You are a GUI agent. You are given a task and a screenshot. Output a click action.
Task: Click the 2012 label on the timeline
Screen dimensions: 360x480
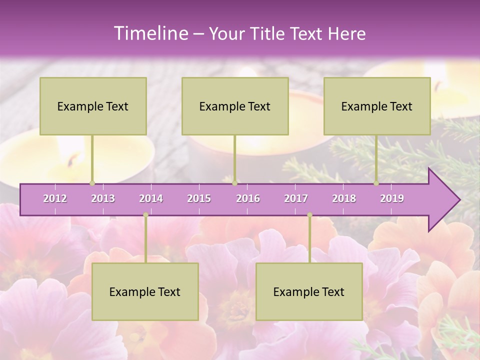click(55, 198)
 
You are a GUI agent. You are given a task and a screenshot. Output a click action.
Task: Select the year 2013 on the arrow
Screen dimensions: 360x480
click(103, 198)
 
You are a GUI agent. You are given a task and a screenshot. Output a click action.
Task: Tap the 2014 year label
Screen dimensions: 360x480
click(151, 198)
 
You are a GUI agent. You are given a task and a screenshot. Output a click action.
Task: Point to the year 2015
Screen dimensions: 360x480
click(199, 198)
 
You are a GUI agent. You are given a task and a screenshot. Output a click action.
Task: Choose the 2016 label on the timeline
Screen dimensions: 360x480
click(248, 198)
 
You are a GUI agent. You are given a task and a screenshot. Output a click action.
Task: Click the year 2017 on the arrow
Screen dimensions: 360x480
click(296, 198)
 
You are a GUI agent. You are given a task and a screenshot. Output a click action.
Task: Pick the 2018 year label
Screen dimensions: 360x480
click(344, 198)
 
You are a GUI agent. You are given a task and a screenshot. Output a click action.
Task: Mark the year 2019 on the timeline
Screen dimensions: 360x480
click(392, 198)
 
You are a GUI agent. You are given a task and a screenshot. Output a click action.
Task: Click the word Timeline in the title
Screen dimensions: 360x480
click(149, 33)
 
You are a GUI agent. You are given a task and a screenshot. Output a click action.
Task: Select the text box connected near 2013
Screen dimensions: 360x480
click(93, 106)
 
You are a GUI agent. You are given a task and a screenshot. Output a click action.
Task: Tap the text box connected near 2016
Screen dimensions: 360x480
click(235, 106)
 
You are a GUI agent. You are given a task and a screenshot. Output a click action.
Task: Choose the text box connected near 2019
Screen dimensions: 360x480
click(377, 106)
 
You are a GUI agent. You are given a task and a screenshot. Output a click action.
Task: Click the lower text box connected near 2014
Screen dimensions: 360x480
click(145, 291)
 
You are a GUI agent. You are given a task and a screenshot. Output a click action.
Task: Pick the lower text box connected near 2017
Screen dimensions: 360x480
click(309, 291)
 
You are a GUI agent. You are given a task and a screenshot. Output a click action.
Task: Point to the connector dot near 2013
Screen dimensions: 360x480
click(92, 183)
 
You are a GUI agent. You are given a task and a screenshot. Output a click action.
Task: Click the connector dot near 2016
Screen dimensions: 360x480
click(234, 183)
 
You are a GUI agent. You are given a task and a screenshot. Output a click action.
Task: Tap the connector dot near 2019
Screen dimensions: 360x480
click(376, 183)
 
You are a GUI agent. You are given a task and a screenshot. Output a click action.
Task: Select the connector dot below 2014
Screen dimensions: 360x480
click(145, 215)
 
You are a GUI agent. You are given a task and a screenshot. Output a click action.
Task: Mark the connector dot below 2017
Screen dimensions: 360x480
click(309, 215)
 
